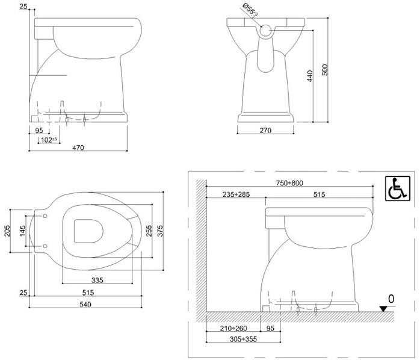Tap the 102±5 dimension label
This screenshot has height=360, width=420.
(x=48, y=140)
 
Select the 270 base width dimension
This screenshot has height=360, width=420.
(x=265, y=130)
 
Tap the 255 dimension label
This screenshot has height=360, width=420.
(x=149, y=231)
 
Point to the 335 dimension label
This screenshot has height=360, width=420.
(x=97, y=280)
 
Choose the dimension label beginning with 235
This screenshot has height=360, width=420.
(x=236, y=194)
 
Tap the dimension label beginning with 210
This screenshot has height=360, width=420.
(x=233, y=329)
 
